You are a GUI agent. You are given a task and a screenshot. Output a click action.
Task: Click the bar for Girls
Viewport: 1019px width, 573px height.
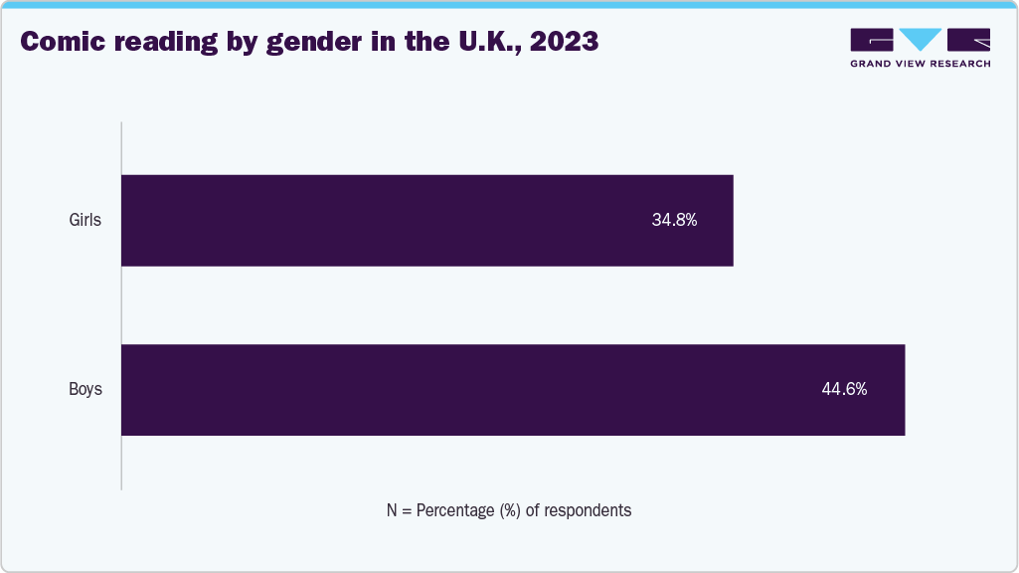(427, 221)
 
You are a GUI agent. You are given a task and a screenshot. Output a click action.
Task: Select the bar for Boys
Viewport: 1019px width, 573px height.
(513, 390)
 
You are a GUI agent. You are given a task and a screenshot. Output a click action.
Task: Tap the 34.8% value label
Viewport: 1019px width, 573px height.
(674, 221)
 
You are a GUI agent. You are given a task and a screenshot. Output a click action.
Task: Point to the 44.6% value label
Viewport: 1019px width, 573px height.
(844, 390)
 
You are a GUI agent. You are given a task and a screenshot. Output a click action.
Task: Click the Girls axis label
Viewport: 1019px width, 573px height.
(85, 221)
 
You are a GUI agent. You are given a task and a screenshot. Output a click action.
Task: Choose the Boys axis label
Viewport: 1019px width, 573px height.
(85, 390)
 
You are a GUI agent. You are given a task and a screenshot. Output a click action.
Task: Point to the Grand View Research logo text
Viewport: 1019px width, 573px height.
(920, 64)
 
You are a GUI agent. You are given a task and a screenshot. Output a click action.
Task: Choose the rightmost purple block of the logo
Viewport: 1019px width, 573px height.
(969, 40)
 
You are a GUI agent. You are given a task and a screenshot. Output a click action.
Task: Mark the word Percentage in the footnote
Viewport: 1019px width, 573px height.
(454, 510)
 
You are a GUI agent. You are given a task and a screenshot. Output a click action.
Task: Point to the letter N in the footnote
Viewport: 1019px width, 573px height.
(393, 510)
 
